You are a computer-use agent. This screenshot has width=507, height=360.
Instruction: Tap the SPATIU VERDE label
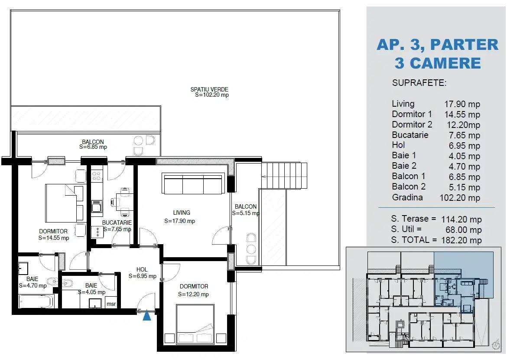click(209, 90)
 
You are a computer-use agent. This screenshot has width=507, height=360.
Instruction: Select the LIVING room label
click(182, 213)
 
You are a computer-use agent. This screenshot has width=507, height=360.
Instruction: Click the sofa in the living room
click(194, 184)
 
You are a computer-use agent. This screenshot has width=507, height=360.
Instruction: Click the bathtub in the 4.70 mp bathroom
click(36, 301)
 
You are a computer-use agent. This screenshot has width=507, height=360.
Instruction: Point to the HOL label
click(142, 269)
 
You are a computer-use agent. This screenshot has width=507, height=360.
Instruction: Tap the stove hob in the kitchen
click(96, 176)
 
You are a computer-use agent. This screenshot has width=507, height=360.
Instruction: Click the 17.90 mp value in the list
click(462, 104)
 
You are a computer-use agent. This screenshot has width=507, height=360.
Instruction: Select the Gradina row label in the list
click(407, 197)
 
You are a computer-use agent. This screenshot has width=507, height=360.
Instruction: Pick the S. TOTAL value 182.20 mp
click(462, 240)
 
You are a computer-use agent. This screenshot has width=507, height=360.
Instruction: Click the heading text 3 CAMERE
click(438, 63)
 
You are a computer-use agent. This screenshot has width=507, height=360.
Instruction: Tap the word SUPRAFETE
click(419, 83)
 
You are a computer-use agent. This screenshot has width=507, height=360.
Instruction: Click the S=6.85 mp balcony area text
click(93, 147)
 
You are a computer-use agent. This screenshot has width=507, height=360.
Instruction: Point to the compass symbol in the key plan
click(495, 345)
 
